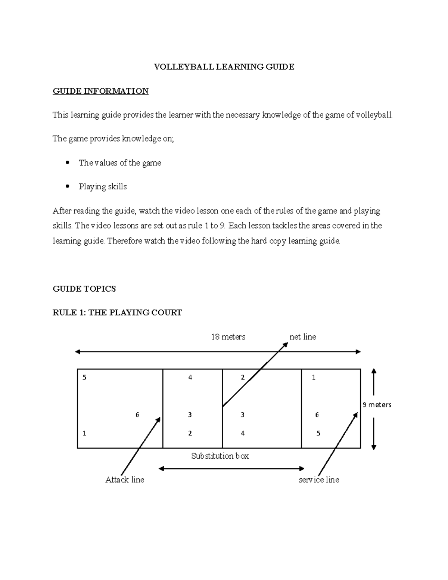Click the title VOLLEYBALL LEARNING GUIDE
pos(224,67)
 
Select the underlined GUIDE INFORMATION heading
pos(100,91)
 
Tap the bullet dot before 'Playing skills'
pos(68,186)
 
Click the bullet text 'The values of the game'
pos(120,163)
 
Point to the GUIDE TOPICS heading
pos(84,289)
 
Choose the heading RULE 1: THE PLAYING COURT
pos(117,313)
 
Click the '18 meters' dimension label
pos(228,337)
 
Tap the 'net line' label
pos(303,337)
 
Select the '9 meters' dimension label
pos(377,405)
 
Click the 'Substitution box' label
pos(220,456)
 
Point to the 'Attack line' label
pos(125,480)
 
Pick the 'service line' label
pos(319,480)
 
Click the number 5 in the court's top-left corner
pos(84,378)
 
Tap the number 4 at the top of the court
pos(190,378)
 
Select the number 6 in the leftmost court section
pos(137,415)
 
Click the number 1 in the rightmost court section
pos(314,378)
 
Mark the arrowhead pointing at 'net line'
pos(285,344)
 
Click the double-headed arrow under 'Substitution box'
pos(231,468)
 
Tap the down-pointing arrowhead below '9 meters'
pos(374,446)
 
